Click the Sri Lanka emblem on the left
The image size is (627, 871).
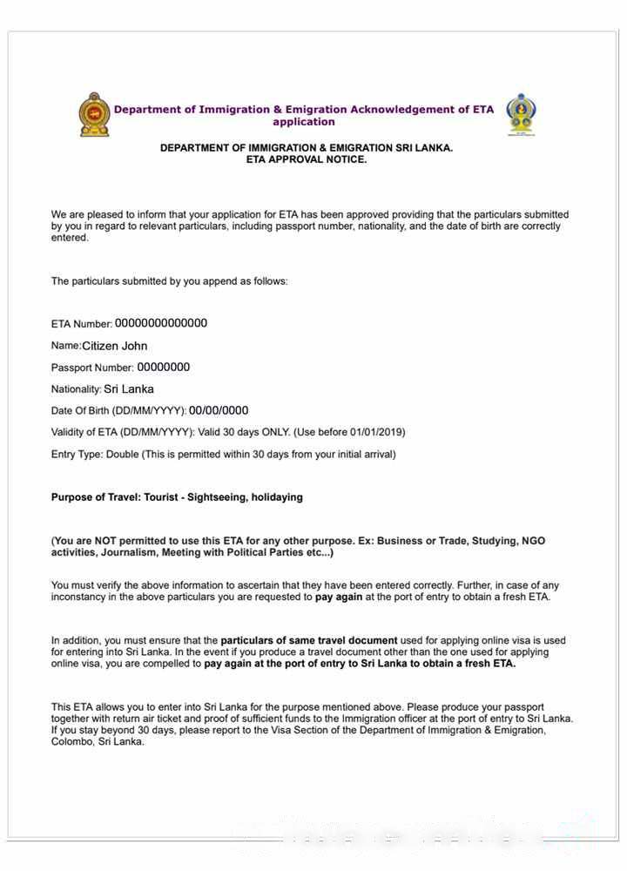pos(95,114)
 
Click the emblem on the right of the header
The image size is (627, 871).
pos(521,114)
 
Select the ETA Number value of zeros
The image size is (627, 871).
pos(161,323)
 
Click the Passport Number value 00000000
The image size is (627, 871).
pos(163,368)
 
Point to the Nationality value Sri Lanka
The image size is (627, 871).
pos(129,389)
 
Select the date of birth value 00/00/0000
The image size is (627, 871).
pos(219,411)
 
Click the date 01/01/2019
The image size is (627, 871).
pos(375,432)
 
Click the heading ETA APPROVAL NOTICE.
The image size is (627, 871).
pos(307,160)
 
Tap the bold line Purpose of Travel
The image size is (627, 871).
pos(177,497)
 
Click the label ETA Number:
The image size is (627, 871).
pos(82,324)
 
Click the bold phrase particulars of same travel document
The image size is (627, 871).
pos(309,640)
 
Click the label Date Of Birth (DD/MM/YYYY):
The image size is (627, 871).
pos(118,411)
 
